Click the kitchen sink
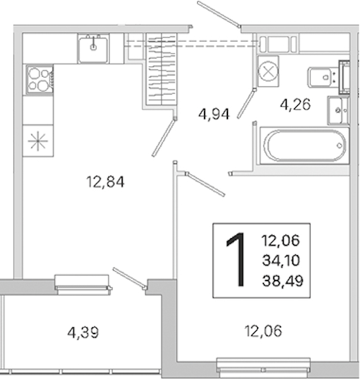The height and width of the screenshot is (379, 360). click(93, 49)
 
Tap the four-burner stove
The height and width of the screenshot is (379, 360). click(40, 80)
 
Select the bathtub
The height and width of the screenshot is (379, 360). click(304, 146)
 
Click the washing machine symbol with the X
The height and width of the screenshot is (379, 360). click(268, 71)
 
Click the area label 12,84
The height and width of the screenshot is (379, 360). click(105, 182)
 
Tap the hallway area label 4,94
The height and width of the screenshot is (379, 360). click(214, 114)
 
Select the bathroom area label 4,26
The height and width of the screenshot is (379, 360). click(295, 105)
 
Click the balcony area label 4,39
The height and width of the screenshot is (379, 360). click(83, 333)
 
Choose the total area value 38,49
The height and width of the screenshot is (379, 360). click(283, 281)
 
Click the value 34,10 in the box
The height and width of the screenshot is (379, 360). click(281, 260)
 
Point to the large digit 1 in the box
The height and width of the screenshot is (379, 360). click(236, 260)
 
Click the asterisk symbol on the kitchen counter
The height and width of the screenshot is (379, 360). click(38, 141)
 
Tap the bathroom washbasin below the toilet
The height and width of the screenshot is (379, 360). click(339, 110)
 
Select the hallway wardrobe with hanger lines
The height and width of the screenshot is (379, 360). click(162, 69)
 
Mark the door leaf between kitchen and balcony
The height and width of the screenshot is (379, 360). click(129, 279)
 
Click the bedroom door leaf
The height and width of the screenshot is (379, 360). click(205, 184)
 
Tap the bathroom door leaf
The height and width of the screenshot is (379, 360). click(246, 103)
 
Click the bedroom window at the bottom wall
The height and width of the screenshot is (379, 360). click(263, 365)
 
